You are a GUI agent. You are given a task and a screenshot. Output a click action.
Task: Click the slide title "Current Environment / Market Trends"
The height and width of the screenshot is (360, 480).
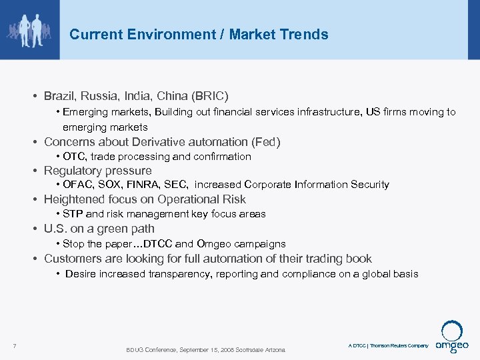click(x=199, y=34)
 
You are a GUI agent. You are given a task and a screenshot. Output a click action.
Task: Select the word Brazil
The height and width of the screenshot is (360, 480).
click(x=59, y=96)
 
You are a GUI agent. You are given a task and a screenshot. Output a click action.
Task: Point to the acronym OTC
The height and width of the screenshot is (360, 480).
click(x=75, y=157)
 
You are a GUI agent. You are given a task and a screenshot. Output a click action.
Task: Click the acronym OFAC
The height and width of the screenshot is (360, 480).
click(x=77, y=185)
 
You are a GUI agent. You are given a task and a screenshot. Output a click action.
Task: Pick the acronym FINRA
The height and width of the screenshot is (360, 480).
click(x=148, y=185)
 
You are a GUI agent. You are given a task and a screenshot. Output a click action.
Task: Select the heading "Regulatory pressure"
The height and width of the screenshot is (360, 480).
click(x=97, y=171)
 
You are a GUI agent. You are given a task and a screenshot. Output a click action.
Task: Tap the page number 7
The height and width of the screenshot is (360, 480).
click(x=14, y=345)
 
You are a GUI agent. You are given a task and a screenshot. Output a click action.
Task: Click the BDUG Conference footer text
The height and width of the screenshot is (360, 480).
click(x=205, y=350)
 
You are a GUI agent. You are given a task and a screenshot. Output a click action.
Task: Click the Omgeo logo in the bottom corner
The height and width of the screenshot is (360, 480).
click(x=453, y=336)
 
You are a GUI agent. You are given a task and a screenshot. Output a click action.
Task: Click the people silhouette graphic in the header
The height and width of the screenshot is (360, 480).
click(x=29, y=29)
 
